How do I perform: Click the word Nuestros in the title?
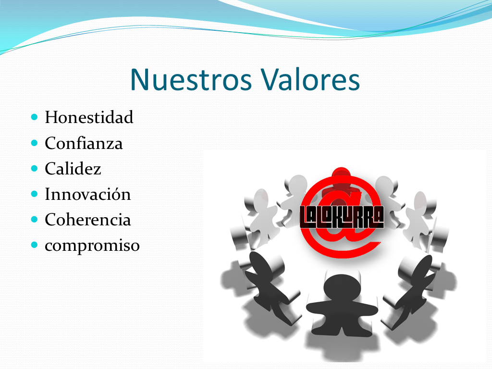191,80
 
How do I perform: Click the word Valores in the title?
310,80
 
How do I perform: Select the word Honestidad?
89,117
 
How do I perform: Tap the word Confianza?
84,143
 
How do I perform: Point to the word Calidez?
73,169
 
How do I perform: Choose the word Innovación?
88,194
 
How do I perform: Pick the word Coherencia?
88,219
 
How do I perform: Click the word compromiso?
92,246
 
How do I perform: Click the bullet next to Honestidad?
35,117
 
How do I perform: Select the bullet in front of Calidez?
35,169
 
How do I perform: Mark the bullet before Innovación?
35,194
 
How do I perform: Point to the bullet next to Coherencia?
35,219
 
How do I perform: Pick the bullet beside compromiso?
35,245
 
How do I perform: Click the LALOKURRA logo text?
342,217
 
